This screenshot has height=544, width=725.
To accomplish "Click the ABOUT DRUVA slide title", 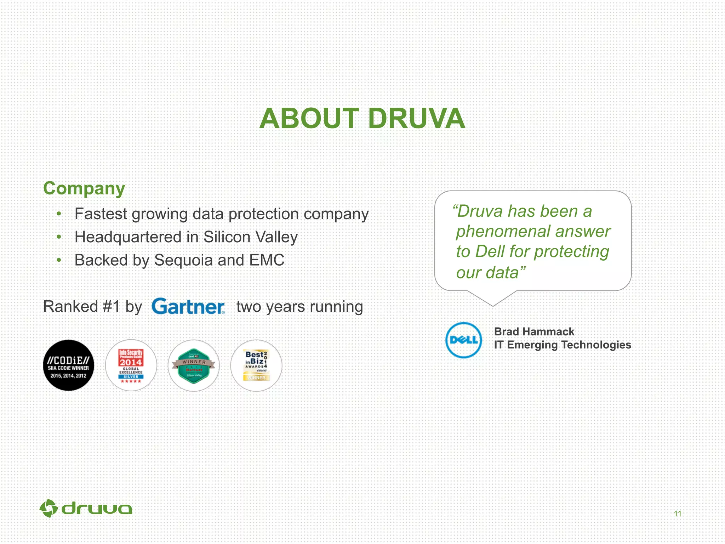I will point(362,119).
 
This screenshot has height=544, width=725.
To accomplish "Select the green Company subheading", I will point(84,188).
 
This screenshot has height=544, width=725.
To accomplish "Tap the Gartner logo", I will point(188,307).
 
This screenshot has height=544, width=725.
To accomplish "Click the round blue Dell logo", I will point(463,340).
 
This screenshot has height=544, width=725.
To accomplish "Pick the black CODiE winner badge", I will point(69,365).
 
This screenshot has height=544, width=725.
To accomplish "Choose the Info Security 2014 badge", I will point(131,365).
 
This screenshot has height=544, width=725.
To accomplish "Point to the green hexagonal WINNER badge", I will point(194,365).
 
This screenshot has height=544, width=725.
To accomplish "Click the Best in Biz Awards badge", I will point(256,365).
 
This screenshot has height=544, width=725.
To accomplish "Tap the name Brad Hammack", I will point(534,331).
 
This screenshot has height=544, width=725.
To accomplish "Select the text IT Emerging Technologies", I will point(562,345).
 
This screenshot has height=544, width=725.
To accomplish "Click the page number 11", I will point(678,514).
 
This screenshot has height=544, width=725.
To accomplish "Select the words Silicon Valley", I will point(250,237).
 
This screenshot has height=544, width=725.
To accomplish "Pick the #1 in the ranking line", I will point(111,307).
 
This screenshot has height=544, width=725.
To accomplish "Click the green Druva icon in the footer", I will point(48,509).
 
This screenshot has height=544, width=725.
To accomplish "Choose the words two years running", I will point(299,307).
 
